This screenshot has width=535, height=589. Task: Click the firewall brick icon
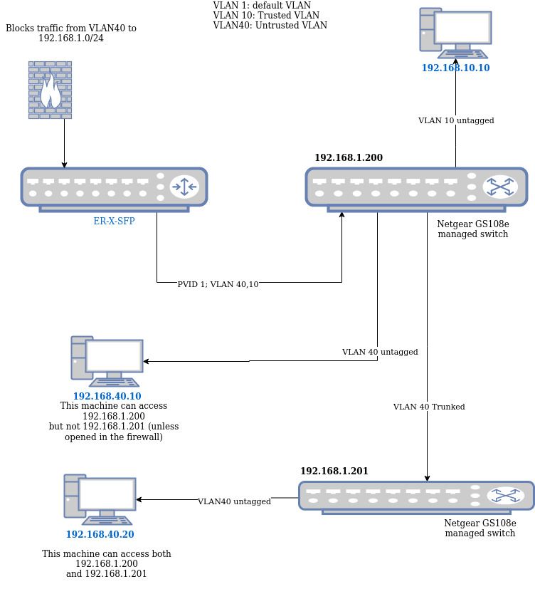point(50,90)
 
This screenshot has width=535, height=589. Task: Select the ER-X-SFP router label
point(114,221)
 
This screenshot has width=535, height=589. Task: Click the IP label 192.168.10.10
point(455,68)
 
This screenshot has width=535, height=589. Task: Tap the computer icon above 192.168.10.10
point(455,33)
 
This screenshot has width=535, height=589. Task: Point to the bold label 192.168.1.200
point(349,158)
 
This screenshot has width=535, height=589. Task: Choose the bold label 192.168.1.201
point(334,471)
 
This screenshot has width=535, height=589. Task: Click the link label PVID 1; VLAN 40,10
point(218,284)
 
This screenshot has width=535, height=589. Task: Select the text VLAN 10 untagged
point(456,121)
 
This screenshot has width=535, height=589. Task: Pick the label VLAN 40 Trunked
point(429,407)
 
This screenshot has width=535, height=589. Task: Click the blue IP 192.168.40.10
point(107,397)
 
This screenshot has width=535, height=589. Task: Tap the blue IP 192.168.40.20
point(100,535)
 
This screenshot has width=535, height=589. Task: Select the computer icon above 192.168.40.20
point(100,499)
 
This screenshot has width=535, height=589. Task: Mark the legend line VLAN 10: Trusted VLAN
point(266,16)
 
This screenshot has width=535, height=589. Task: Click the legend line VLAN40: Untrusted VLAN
point(270,26)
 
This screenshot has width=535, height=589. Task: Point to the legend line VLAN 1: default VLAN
point(262,6)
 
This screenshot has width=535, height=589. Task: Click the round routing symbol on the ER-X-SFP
point(184,187)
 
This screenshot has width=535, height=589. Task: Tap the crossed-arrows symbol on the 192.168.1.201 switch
point(506,496)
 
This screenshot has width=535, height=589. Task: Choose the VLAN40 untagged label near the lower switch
point(234,502)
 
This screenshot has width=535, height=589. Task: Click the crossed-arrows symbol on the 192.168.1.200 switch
point(500,187)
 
